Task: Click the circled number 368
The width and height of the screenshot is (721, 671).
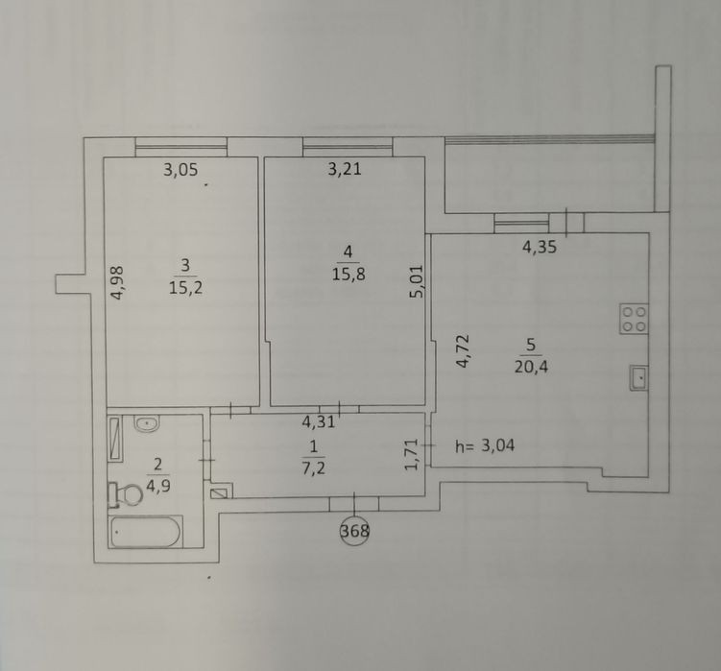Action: (354, 531)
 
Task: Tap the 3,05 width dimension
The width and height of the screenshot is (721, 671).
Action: (180, 170)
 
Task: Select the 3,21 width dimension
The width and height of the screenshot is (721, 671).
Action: (345, 169)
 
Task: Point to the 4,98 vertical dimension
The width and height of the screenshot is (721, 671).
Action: (118, 283)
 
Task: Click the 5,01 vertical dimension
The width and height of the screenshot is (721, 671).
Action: (417, 281)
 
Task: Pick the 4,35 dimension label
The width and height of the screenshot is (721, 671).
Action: (540, 248)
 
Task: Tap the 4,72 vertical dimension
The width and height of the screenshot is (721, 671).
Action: (462, 351)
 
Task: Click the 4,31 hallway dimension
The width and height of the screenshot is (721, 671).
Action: (318, 421)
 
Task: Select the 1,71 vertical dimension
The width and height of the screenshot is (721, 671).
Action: (412, 454)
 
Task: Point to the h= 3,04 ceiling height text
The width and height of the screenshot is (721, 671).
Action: (485, 445)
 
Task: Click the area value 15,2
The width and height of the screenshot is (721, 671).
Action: (185, 288)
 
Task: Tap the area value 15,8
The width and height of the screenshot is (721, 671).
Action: (348, 275)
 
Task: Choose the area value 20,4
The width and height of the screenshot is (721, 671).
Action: (531, 368)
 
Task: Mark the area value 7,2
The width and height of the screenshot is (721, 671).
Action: (314, 468)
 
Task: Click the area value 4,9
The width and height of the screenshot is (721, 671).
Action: (158, 486)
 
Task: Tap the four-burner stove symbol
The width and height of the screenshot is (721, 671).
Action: (634, 319)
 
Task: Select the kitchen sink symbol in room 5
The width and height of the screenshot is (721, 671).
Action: (639, 378)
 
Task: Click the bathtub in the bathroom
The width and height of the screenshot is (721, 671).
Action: (145, 532)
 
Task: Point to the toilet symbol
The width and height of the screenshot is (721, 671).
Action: (125, 495)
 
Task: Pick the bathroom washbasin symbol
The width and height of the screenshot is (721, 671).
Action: (147, 423)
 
